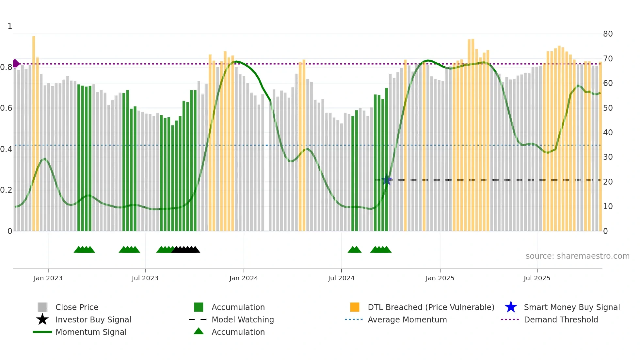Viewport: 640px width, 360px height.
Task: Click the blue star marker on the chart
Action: coord(387,180)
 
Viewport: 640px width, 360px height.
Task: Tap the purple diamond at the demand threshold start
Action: coord(16,63)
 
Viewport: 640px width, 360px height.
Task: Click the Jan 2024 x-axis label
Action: coord(244,278)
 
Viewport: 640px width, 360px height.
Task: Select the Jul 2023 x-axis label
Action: coord(145,278)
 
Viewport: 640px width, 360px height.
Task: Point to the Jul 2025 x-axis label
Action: coord(537,278)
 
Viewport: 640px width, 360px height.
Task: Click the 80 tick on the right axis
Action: coord(608,34)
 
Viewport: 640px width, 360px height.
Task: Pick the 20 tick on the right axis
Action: coord(608,182)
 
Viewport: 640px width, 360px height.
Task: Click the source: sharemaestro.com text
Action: coord(577,256)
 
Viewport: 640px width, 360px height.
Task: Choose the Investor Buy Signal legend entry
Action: coord(93,319)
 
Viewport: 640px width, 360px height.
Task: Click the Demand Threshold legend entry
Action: coord(561,319)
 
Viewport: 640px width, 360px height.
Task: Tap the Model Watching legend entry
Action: coord(242,319)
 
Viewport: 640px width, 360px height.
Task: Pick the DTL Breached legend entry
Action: coord(431,307)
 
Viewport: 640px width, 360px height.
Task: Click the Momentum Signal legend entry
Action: coord(91,332)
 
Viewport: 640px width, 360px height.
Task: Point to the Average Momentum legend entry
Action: coord(407,319)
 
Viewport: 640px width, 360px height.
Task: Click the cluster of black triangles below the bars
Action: coord(186,250)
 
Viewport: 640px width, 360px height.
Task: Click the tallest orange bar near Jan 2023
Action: coord(34,131)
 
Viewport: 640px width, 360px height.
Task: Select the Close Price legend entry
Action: coord(76,307)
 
